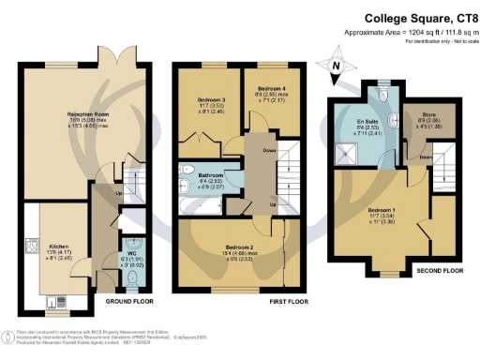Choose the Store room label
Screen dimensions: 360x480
click(x=425, y=121)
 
